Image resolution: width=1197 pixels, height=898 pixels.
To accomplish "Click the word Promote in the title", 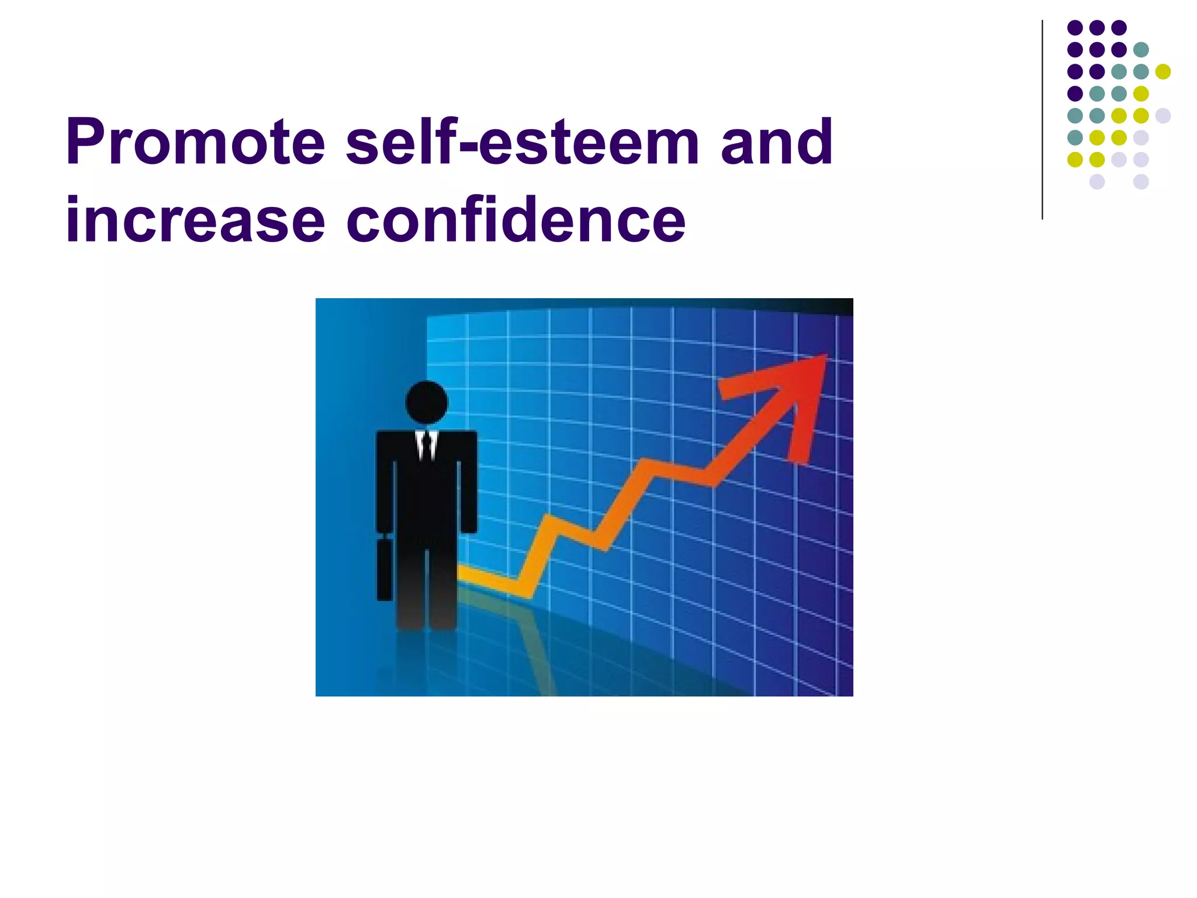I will (x=195, y=142).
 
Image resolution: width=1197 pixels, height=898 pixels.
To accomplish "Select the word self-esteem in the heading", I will (x=523, y=142).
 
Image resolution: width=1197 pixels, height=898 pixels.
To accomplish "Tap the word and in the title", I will (x=776, y=142).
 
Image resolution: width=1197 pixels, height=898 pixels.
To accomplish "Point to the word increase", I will (x=195, y=220).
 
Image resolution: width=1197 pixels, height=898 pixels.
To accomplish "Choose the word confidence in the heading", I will (x=516, y=220).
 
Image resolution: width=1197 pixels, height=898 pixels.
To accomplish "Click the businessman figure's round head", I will (x=426, y=402).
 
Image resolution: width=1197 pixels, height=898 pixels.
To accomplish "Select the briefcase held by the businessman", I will (x=384, y=569).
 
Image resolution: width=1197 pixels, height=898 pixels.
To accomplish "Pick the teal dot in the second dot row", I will (x=1140, y=50).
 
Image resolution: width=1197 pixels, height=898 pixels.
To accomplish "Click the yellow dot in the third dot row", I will (x=1163, y=71).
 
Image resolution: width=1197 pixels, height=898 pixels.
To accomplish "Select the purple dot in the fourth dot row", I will (x=1075, y=94).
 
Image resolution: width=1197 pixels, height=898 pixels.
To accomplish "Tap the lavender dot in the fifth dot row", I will (x=1163, y=115).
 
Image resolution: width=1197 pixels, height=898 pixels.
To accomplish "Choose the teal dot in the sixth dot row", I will (x=1075, y=137).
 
